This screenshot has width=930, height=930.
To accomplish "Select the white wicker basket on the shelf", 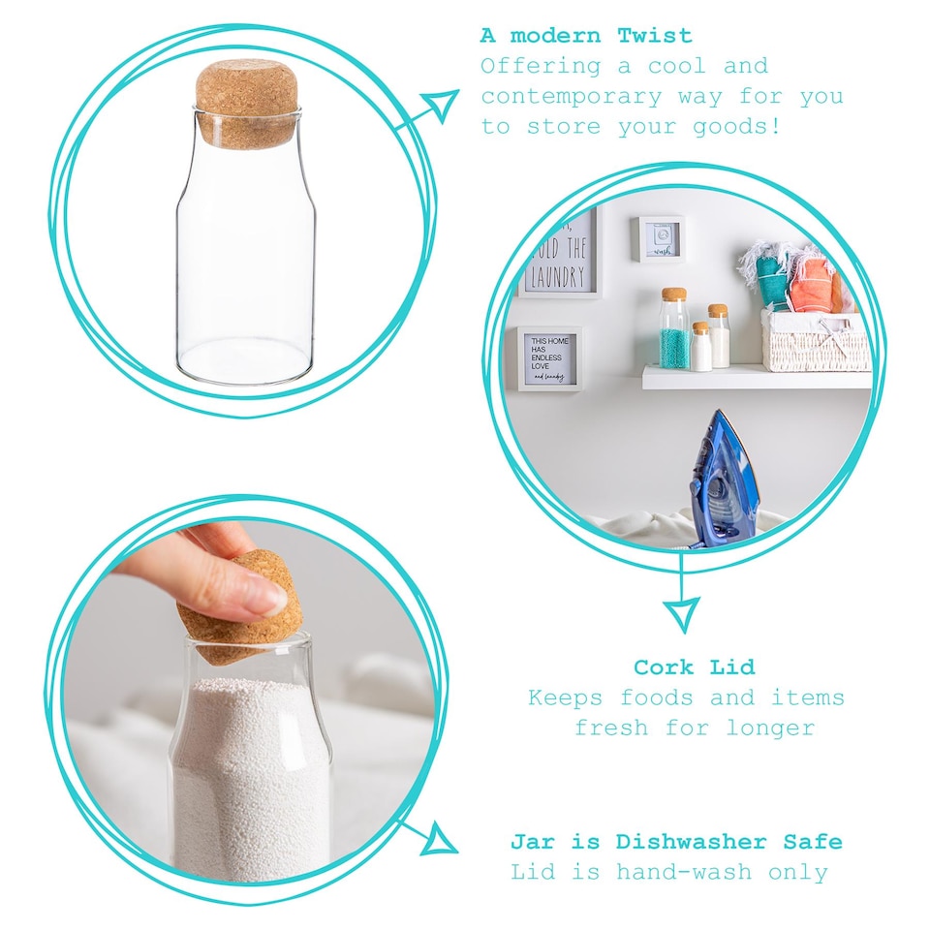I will coord(814,341).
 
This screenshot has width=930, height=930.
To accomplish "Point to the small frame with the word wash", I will coord(660,238).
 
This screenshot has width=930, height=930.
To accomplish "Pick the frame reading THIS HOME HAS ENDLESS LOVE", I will coord(548,357).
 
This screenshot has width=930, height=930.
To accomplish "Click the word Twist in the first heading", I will coord(656,36).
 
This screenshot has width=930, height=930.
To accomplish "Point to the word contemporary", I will coord(572,96).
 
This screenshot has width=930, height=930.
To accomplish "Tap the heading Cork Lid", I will coord(694,666).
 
